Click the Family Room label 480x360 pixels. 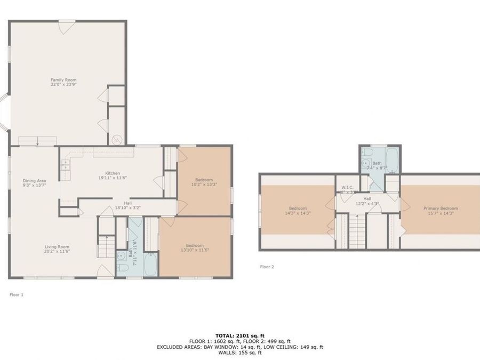pos(60,80)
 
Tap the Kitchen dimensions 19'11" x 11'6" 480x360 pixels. pos(112,178)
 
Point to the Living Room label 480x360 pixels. pos(57,246)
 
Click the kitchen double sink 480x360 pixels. pos(66,165)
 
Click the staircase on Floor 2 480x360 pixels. pos(356,230)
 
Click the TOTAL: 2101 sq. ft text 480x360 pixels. pos(239,335)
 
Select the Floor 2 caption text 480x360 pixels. pos(267,267)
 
